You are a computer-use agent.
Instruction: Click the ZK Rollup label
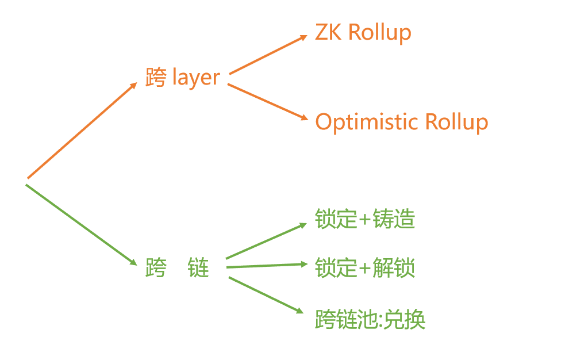(x=363, y=33)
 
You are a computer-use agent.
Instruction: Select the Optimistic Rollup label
(x=401, y=122)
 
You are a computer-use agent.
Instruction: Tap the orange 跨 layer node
(x=183, y=78)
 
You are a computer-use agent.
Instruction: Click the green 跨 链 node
(x=177, y=268)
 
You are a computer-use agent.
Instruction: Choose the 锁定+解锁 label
(x=365, y=268)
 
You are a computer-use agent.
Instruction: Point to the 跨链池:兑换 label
(x=370, y=320)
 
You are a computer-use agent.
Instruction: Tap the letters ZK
(x=328, y=32)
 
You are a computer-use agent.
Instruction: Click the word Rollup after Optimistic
(x=456, y=122)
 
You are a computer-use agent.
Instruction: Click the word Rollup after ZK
(x=380, y=33)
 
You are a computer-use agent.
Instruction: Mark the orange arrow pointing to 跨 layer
(x=82, y=130)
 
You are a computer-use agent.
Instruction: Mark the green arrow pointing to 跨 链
(x=81, y=225)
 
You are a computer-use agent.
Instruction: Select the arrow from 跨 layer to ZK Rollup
(x=268, y=55)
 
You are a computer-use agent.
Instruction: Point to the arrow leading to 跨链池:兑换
(x=266, y=295)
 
